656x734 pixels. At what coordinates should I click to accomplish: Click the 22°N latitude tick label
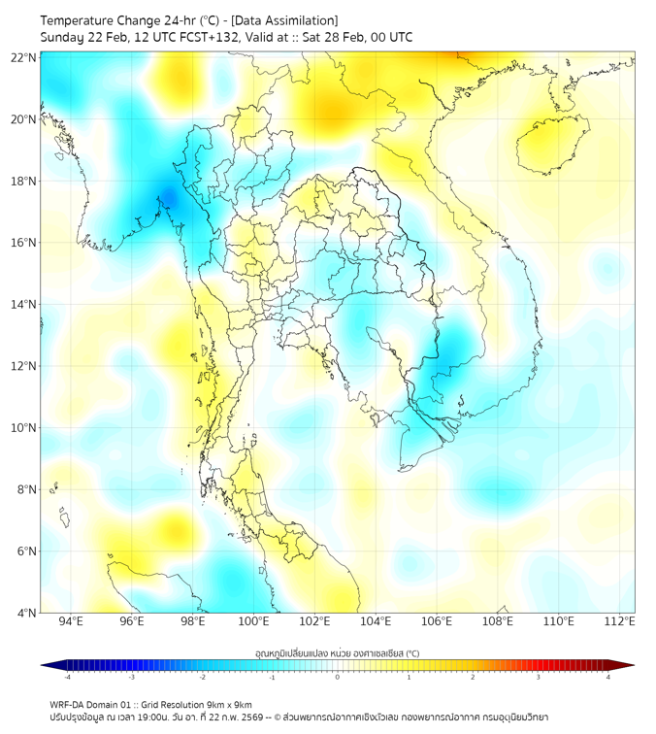24,57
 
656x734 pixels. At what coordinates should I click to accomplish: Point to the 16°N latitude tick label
24,243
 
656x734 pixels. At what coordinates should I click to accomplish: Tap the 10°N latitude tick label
24,428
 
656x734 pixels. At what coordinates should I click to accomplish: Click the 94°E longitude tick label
71,621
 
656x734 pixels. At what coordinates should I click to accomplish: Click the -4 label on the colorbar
66,677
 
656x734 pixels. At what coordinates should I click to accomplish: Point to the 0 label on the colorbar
338,677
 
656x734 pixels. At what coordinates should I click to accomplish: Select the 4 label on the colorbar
608,677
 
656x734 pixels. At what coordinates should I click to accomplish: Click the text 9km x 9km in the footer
232,704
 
